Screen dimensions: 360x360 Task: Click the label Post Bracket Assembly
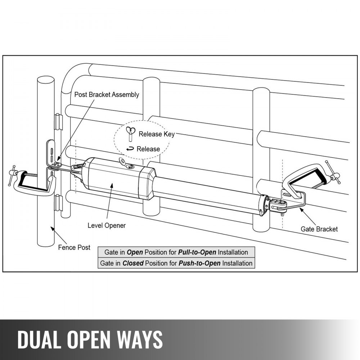(x=106, y=95)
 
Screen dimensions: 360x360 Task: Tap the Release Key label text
(x=157, y=134)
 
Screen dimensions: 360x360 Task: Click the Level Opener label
(x=107, y=225)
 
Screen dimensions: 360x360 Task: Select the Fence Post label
(x=74, y=248)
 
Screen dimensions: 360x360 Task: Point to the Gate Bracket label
(x=319, y=229)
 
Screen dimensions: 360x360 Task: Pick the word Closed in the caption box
(x=133, y=263)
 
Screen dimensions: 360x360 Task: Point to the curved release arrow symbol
(x=130, y=149)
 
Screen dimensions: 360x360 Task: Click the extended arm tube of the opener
(x=209, y=193)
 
